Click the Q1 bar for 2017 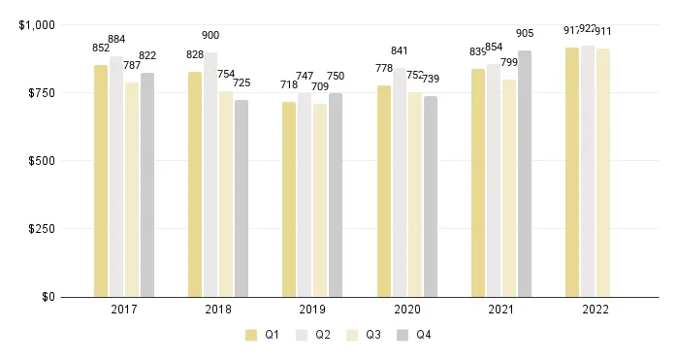(101, 180)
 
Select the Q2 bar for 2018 (210, 175)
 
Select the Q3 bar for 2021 (509, 188)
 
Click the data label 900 (210, 36)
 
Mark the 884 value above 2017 (116, 40)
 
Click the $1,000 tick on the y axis (37, 25)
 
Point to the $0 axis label (48, 297)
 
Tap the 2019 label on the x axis (312, 311)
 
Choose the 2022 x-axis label (595, 311)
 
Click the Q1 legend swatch (251, 335)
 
